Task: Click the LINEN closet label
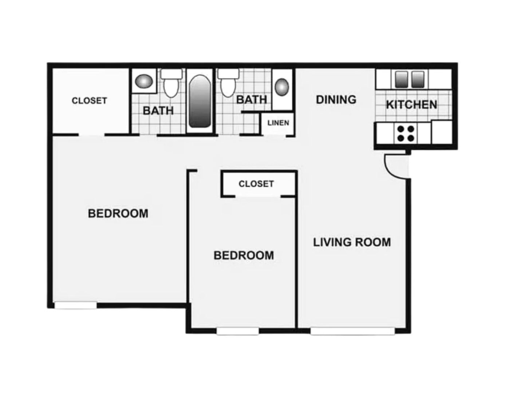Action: click(x=278, y=123)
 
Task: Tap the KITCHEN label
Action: click(x=411, y=105)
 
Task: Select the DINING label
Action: click(x=336, y=99)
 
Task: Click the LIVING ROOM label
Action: click(x=352, y=242)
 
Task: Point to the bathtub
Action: click(x=200, y=101)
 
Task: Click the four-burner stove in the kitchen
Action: click(x=406, y=133)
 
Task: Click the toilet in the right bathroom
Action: click(x=228, y=83)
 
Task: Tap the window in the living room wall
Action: click(x=352, y=331)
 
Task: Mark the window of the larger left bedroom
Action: click(x=75, y=306)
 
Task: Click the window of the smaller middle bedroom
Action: click(x=238, y=331)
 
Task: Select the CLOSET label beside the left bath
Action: click(x=89, y=100)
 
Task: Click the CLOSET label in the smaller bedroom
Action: click(x=256, y=184)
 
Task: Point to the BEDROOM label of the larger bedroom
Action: click(x=118, y=213)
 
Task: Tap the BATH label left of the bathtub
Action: click(x=158, y=111)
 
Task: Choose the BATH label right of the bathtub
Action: click(x=252, y=99)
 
